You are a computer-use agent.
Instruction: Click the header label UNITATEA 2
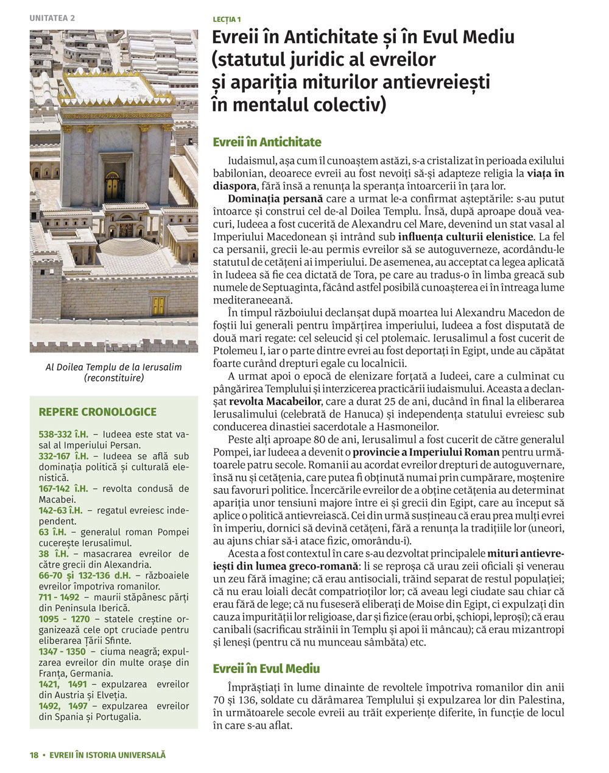tap(52, 18)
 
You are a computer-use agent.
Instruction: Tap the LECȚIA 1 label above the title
tap(227, 20)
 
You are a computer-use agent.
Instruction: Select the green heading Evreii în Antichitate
tap(267, 142)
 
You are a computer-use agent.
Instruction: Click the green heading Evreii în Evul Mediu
tap(266, 668)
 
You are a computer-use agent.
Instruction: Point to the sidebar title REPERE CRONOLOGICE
tap(97, 412)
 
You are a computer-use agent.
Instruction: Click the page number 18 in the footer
tap(34, 755)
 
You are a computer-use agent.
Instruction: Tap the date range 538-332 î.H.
tap(63, 435)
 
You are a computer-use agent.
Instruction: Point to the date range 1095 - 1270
tap(63, 619)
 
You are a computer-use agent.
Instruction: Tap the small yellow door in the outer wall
tap(159, 305)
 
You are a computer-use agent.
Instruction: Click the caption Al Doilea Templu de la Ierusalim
tap(114, 367)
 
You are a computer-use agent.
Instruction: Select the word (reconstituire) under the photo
tap(114, 378)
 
